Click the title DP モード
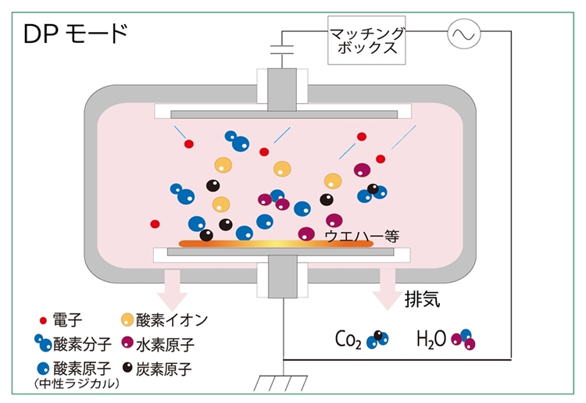click(76, 34)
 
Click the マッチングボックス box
click(366, 40)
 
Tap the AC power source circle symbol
click(464, 34)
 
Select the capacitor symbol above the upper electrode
click(282, 50)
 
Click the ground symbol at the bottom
click(280, 383)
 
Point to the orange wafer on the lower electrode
click(276, 244)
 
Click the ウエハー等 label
click(362, 236)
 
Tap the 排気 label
click(422, 299)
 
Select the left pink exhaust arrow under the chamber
click(173, 290)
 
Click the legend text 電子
click(67, 320)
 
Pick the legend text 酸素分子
click(82, 344)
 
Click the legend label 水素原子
click(165, 344)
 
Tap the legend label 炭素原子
click(164, 369)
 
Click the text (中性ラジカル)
click(77, 383)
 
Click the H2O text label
click(431, 339)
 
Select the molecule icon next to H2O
click(463, 339)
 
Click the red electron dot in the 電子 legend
click(43, 320)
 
